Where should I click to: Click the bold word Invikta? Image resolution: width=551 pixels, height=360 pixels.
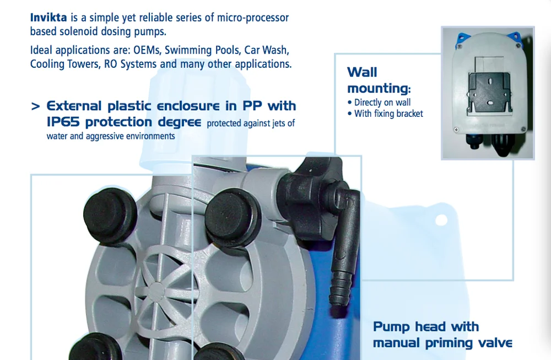point(48,18)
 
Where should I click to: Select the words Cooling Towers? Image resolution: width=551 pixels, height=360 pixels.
point(65,64)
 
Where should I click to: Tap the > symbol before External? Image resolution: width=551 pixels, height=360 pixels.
point(35,106)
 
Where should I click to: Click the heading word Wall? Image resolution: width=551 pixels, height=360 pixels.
point(362,72)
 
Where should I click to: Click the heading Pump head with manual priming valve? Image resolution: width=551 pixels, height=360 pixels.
point(442,334)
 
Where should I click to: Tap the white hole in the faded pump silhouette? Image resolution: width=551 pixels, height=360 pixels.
point(441,221)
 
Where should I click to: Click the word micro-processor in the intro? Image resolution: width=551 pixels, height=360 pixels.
point(253,18)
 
